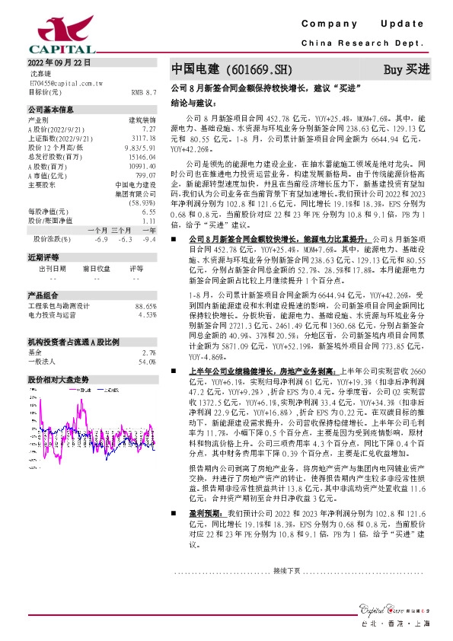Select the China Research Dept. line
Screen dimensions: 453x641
pyautogui.click(x=368, y=43)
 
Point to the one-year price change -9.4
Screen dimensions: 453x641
pyautogui.click(x=149, y=239)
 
